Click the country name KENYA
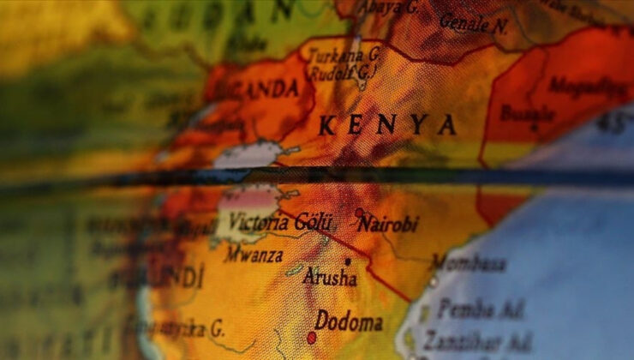(x=387, y=125)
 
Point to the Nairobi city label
(x=388, y=225)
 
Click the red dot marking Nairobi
(x=359, y=213)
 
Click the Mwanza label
(x=254, y=254)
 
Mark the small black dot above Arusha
(x=348, y=261)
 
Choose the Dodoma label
(x=349, y=322)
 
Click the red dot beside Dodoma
(x=312, y=337)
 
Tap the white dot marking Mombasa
(x=434, y=280)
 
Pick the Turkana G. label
(x=344, y=53)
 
